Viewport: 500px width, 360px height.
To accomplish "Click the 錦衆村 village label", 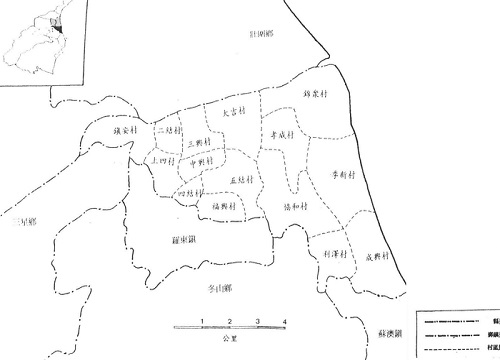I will pyautogui.click(x=316, y=95).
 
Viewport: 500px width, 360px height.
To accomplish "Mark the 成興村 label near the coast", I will pyautogui.click(x=376, y=257).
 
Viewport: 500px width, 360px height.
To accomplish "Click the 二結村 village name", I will pyautogui.click(x=168, y=131).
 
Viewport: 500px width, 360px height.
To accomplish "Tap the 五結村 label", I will pyautogui.click(x=239, y=180).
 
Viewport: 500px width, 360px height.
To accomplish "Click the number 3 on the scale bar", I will pyautogui.click(x=258, y=320).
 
